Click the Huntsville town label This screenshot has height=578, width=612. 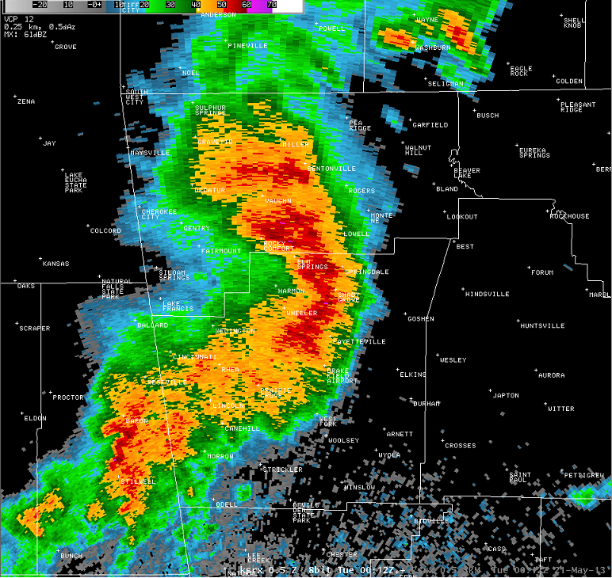pos(542,325)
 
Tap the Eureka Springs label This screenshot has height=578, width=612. pos(534,152)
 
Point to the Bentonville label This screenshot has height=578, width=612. pos(331,169)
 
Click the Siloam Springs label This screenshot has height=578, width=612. pos(174,275)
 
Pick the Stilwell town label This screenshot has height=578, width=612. pos(138,481)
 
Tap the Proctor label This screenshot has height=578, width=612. pos(68,397)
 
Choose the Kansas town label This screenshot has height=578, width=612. pos(55,264)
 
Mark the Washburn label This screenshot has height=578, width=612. pos(433,48)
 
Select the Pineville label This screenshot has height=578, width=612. pos(247,46)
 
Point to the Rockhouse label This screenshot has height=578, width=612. pos(571,216)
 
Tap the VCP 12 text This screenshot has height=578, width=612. pos(18,18)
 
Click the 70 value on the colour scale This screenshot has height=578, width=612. pos(271,4)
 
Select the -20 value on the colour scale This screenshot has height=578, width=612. pos(40,4)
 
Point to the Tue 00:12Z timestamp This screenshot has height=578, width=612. pos(358,570)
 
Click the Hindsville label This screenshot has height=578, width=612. pos(488,294)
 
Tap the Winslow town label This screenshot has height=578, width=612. pos(359,487)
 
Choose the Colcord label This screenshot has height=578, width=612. pos(105,231)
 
